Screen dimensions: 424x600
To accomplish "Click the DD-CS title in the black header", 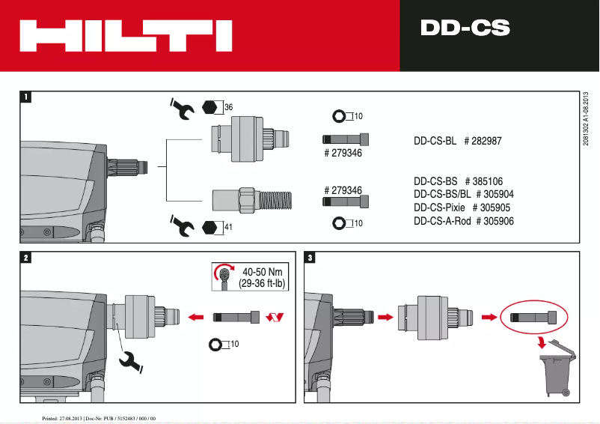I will click(465, 28).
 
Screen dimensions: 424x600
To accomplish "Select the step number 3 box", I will click(311, 258).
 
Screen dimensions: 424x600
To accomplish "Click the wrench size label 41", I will click(229, 226).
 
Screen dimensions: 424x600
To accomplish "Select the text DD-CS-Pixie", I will click(439, 208).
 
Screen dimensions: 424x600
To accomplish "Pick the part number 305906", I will click(498, 221).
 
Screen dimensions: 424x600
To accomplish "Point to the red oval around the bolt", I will click(534, 317).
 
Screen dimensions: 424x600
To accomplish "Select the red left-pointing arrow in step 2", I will click(196, 318).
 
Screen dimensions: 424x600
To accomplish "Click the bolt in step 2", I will click(235, 318).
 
